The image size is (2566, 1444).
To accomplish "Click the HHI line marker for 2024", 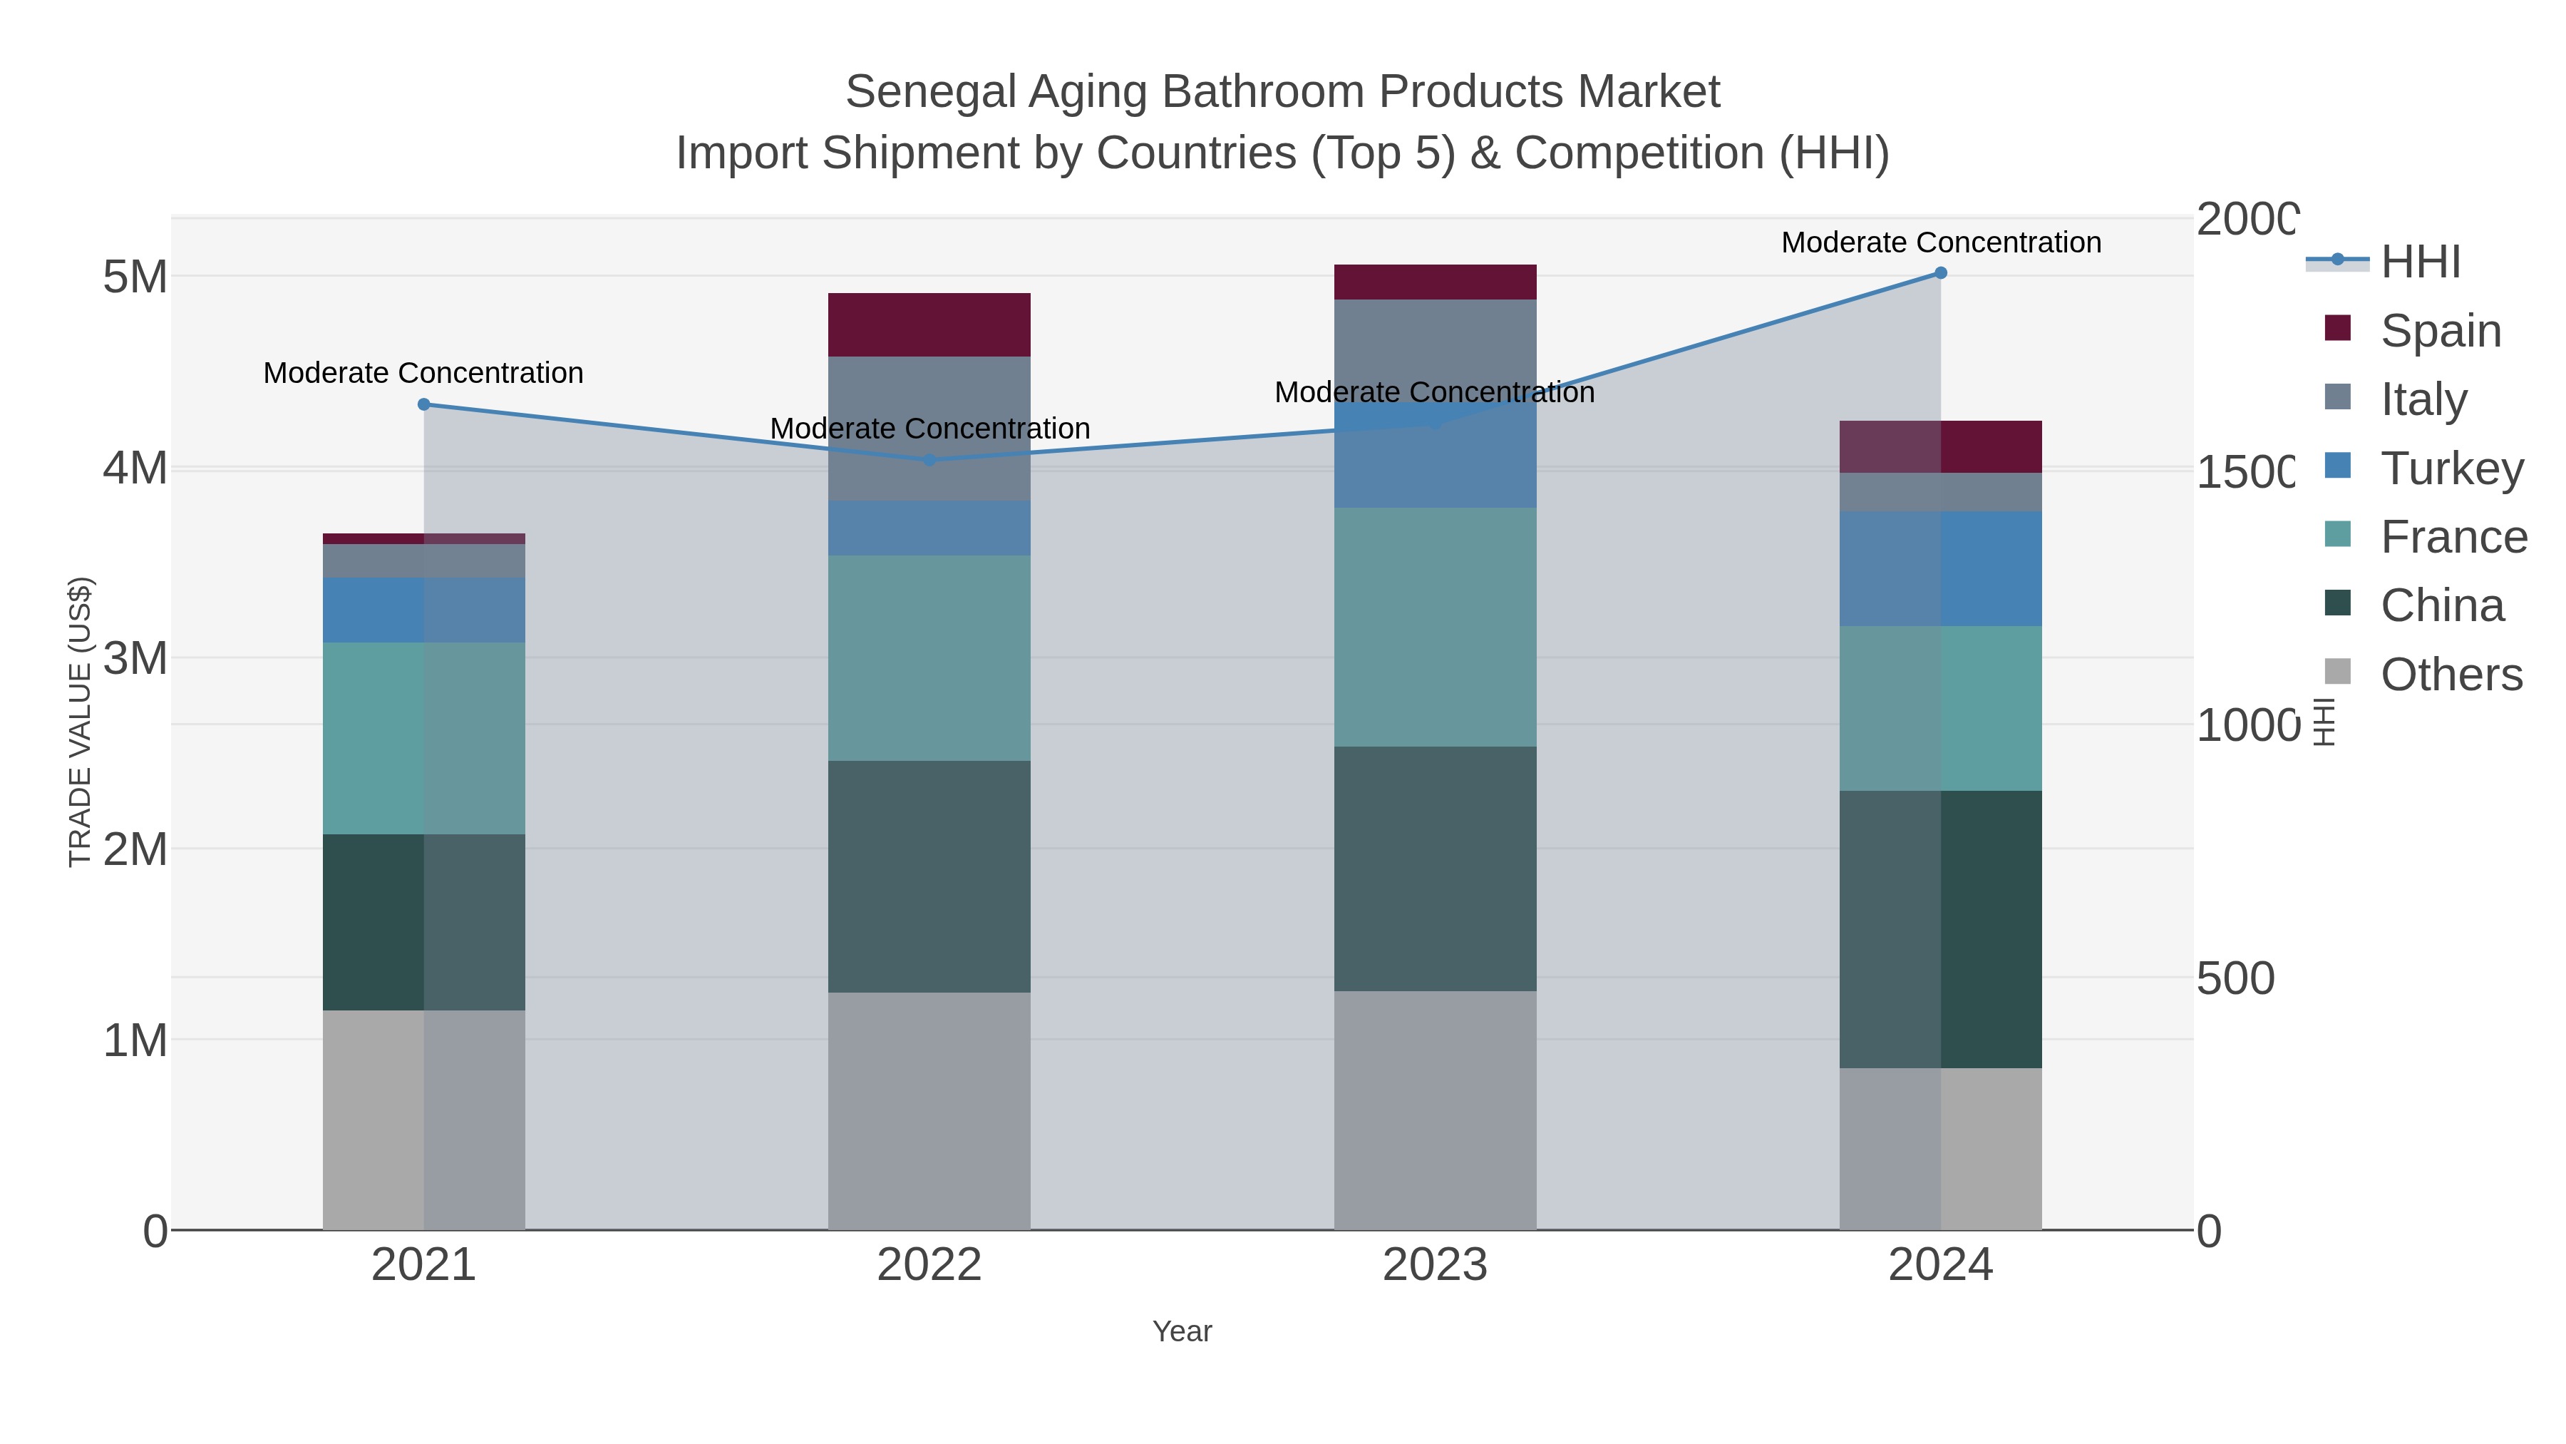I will pos(1940,273).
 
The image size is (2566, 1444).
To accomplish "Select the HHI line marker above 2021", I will pos(423,404).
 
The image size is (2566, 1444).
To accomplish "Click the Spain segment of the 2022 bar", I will pos(929,325).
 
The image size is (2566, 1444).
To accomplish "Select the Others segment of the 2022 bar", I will pos(929,1110).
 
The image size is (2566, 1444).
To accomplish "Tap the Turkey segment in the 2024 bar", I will pos(1940,569).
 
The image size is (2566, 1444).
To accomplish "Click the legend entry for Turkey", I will pos(2451,468).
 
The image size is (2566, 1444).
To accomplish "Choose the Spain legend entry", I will pos(2441,331).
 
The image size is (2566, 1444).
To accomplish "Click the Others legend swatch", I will pos(2338,672).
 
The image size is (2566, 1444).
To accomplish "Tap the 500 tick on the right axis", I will pos(2235,978).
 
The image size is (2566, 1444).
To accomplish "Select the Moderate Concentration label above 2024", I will pos(1940,242).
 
